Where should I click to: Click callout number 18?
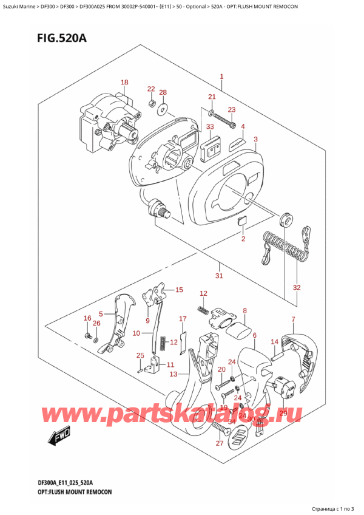tap(124, 83)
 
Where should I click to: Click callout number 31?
tap(219, 276)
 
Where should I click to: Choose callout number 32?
tap(296, 287)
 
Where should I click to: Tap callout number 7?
tap(293, 319)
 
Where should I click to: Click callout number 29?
tap(281, 413)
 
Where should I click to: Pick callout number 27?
tap(219, 443)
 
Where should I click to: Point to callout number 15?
tap(178, 290)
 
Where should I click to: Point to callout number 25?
tap(140, 355)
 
